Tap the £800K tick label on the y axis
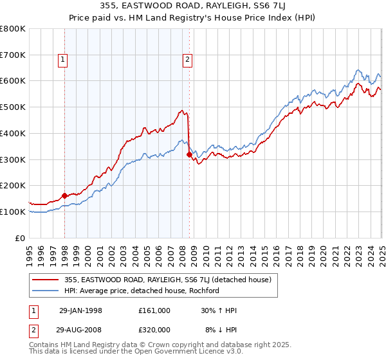13,29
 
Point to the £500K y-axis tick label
13,107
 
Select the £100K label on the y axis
13,212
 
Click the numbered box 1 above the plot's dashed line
63,60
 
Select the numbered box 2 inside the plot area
187,60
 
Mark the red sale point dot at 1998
65,195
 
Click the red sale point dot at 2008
189,154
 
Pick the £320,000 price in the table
154,329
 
